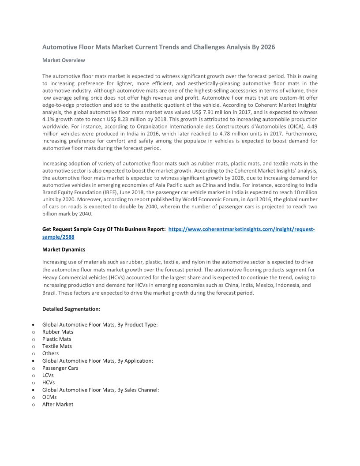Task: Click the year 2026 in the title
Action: pos(267,47)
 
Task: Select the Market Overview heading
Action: pos(64,60)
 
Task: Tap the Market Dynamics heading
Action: pos(64,250)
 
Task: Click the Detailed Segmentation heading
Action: pos(71,309)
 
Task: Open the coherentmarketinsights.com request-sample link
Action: pos(241,229)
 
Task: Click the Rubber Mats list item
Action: pos(58,332)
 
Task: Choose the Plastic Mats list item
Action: pos(56,339)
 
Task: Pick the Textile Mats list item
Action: pos(57,346)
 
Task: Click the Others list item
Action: pos(50,353)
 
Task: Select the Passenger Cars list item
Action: pos(60,368)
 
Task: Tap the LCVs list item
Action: pos(48,375)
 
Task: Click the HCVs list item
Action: pos(49,383)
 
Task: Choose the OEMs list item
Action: pos(49,397)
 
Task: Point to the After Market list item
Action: pos(58,404)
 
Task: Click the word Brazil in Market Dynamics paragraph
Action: pos(49,293)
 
